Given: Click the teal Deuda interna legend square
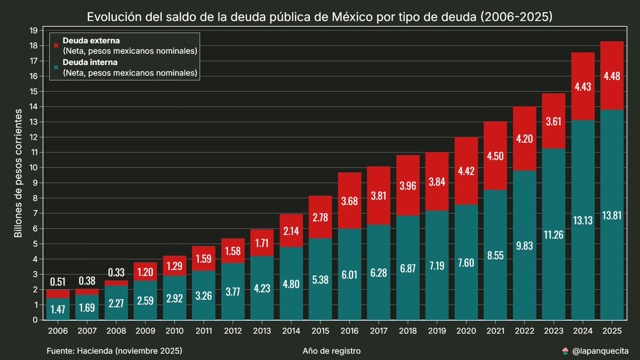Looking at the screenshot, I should coord(57,68).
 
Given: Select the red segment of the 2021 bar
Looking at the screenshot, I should coord(495,156).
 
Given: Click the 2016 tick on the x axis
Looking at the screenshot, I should coord(349,330).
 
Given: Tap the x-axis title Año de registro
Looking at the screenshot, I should coord(331,351).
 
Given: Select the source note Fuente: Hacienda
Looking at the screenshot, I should coord(114,351).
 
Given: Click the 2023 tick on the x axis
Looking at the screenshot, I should coord(554,330).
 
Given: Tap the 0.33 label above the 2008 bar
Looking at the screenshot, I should coord(116,272).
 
